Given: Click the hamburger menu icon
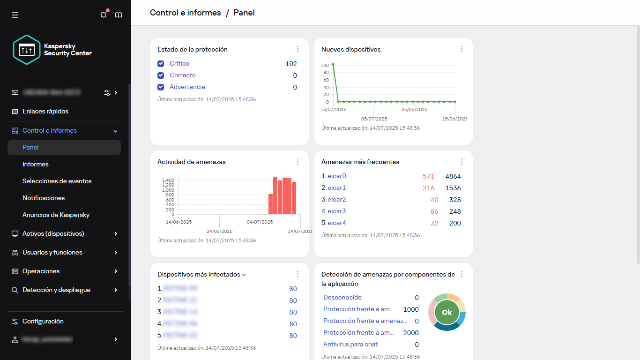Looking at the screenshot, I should click(x=15, y=15).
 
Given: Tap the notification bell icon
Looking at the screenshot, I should click(x=104, y=15).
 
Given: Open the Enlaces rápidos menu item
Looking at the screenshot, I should click(x=45, y=112).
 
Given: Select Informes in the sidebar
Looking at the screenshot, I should click(x=36, y=164).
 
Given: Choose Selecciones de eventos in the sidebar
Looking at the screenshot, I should click(x=57, y=181).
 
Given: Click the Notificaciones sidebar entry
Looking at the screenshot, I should click(x=44, y=198).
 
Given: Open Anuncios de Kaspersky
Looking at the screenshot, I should click(x=56, y=215).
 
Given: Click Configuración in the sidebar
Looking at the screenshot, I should click(x=43, y=322).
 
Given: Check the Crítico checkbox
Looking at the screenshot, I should click(x=161, y=64).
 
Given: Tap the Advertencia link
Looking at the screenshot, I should click(x=187, y=87).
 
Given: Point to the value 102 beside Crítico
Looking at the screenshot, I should click(x=291, y=64).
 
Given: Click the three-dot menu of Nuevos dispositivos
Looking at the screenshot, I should click(x=461, y=49).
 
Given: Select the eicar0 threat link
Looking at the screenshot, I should click(x=336, y=176).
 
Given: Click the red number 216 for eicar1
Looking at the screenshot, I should click(x=428, y=188).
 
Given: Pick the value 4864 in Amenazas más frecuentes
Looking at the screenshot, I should click(x=453, y=176).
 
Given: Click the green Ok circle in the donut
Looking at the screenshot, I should click(x=447, y=312).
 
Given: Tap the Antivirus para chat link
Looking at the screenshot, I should click(x=350, y=345).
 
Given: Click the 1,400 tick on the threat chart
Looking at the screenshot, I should click(x=168, y=180).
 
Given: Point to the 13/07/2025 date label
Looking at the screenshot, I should click(x=334, y=109).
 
